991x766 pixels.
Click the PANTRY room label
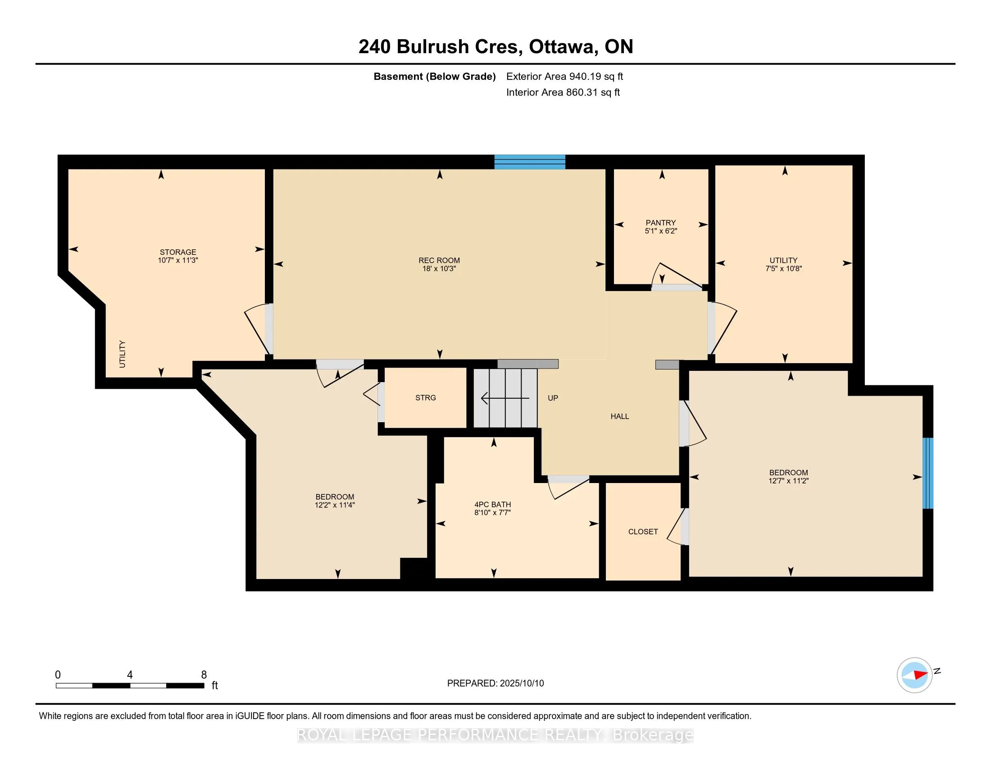[x=661, y=223]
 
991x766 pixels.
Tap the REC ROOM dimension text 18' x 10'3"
[x=439, y=269]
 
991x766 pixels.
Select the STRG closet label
[x=426, y=397]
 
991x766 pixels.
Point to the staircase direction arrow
[x=505, y=398]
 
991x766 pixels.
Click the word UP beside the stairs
[x=553, y=398]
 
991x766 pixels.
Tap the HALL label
[x=620, y=416]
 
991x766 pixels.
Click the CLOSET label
[x=643, y=531]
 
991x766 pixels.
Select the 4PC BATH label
[x=492, y=504]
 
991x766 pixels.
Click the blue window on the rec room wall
[x=530, y=162]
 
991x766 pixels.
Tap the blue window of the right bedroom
[x=928, y=473]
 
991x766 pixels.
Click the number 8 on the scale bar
[x=204, y=675]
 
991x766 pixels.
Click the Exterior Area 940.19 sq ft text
[x=564, y=76]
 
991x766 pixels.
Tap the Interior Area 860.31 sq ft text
[x=563, y=92]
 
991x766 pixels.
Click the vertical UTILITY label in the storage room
[x=122, y=354]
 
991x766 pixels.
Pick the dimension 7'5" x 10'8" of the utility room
[x=784, y=268]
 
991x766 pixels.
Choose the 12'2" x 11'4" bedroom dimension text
[x=335, y=505]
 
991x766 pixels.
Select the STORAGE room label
[x=178, y=252]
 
